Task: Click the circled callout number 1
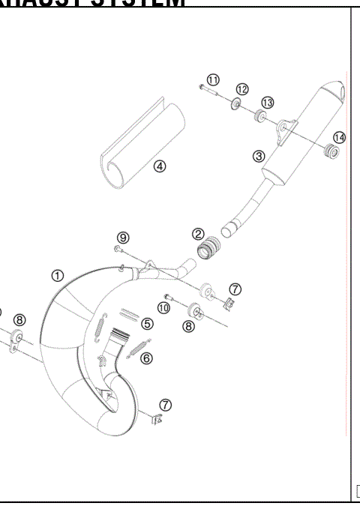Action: pos(58,275)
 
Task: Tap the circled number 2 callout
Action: pos(198,235)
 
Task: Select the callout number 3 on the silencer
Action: pos(259,157)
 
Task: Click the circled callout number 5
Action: pos(147,324)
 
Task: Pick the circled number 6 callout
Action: pos(146,358)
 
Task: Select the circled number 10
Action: pos(163,307)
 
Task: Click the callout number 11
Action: pos(213,79)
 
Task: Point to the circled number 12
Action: pos(242,89)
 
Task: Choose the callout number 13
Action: pos(267,103)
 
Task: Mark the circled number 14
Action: pos(340,137)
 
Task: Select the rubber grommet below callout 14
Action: pos(330,154)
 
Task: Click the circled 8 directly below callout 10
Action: pos(189,326)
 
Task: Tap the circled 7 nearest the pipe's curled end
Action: pos(165,405)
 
